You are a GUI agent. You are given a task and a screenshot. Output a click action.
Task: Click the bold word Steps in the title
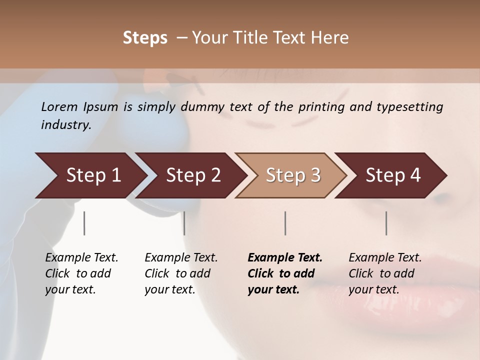pos(145,38)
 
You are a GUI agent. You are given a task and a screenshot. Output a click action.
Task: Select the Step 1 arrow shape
pos(90,175)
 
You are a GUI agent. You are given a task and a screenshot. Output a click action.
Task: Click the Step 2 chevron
pos(192,175)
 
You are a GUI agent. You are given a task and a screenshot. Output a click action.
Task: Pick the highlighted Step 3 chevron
pos(292,175)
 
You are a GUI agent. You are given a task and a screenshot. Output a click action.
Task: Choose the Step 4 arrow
pos(392,175)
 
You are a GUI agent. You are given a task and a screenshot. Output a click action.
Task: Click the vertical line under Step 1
pos(84,223)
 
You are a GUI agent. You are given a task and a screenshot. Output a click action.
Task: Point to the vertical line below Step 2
pos(184,223)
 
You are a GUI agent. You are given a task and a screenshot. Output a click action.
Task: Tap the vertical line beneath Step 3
pos(285,223)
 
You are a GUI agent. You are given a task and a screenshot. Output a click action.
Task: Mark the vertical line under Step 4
pos(386,223)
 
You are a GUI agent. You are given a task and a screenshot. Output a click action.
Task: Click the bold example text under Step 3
pos(285,273)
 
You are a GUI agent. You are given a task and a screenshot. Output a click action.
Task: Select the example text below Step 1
pos(81,273)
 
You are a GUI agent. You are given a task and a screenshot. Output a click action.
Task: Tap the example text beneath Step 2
pos(181,273)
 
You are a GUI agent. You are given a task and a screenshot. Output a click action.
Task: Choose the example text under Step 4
pos(385,273)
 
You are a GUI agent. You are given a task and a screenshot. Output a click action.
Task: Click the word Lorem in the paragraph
pos(59,107)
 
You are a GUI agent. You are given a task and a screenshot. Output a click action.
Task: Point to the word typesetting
pos(414,107)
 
